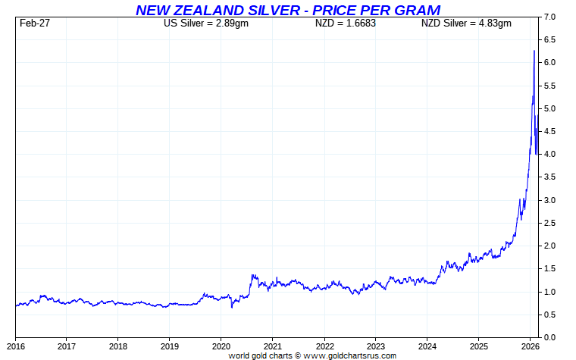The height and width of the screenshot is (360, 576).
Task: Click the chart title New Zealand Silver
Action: pos(287,10)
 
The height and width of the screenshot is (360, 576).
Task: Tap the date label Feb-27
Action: pos(35,23)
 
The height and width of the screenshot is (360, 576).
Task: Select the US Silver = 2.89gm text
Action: pos(205,23)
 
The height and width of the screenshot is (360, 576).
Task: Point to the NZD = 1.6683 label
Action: pos(346,23)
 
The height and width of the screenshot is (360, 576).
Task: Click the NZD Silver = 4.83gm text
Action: pos(466,23)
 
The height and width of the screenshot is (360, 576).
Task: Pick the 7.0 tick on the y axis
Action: pos(551,17)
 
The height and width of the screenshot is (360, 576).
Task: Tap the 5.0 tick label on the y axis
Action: pos(551,108)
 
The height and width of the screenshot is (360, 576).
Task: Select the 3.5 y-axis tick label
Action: pos(551,177)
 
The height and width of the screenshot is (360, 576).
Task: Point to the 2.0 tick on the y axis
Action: pos(551,246)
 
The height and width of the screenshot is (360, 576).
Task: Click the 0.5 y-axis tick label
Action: pos(551,315)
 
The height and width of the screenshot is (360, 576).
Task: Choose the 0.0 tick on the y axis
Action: pos(551,337)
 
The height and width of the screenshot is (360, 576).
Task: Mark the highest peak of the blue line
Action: pos(534,51)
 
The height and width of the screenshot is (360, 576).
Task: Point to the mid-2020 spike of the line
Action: pos(252,275)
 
